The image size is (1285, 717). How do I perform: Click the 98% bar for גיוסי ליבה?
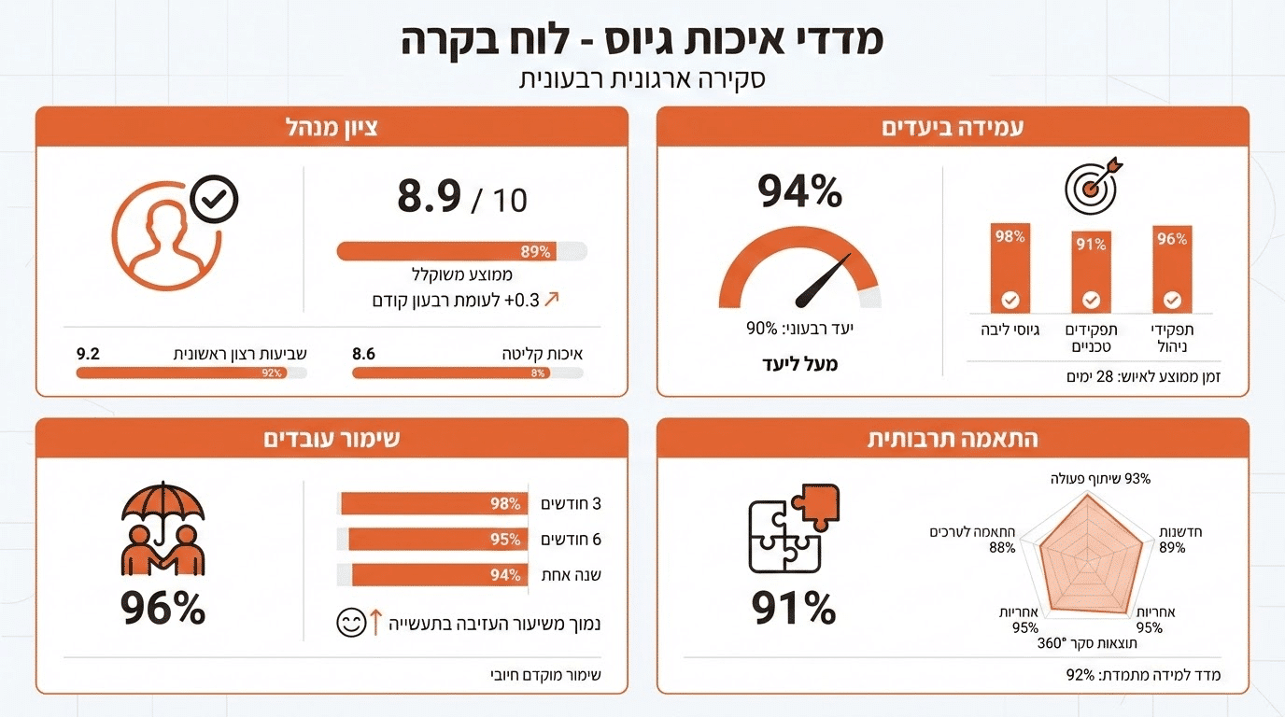tap(1010, 268)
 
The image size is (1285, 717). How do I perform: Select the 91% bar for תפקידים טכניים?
tap(1091, 272)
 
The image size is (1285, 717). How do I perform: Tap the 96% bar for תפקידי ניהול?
tap(1172, 269)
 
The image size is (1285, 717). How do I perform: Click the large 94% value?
tap(799, 192)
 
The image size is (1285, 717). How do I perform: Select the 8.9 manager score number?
tap(430, 197)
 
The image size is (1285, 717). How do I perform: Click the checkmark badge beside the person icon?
tap(214, 198)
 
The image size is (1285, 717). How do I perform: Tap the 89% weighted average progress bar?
tap(461, 251)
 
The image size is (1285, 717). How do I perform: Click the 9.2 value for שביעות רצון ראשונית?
tap(88, 355)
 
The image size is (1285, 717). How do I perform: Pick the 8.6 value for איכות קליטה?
tap(364, 355)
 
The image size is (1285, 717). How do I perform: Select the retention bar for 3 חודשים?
tap(432, 504)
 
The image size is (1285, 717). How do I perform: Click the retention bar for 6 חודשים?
tap(432, 540)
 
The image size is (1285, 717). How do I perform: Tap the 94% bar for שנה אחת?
tap(432, 575)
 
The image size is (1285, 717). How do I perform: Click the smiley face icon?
tap(351, 623)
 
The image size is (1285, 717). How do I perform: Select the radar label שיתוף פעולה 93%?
tap(1098, 479)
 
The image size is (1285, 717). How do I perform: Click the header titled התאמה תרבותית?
tap(953, 439)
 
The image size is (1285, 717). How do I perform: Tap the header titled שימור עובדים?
tap(332, 439)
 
